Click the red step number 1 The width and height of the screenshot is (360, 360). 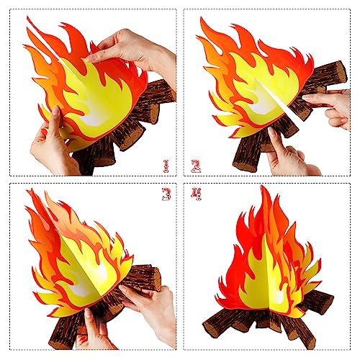click(x=166, y=166)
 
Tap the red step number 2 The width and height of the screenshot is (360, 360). click(x=195, y=166)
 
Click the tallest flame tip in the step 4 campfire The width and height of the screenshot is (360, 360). click(x=265, y=189)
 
